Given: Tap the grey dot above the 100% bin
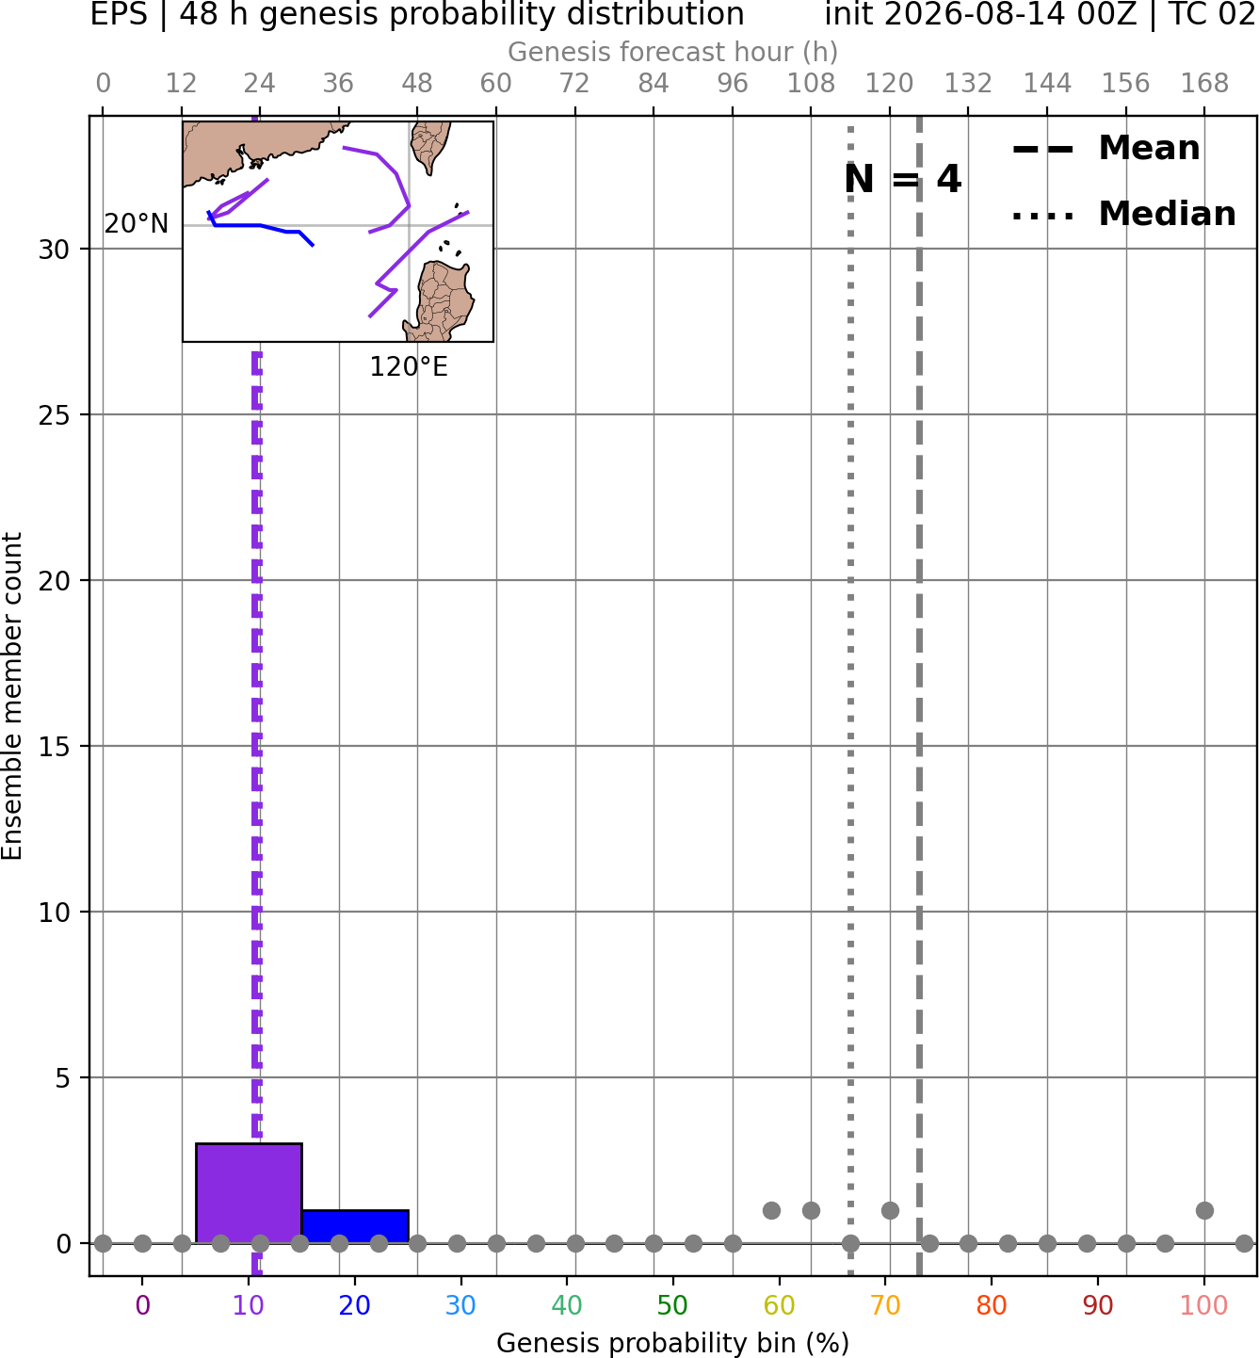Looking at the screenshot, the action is tap(1204, 1210).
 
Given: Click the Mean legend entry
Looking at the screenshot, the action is tap(1106, 149).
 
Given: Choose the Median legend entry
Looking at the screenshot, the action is tap(1123, 214).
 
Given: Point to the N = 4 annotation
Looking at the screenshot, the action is tap(903, 179).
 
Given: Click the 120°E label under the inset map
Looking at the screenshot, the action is tap(409, 367).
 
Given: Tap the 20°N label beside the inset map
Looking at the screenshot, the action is tap(137, 223).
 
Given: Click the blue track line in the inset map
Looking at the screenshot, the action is tap(260, 225).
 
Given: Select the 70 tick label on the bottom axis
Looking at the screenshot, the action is tap(885, 1305).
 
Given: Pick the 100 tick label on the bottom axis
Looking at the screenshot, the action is tap(1203, 1305).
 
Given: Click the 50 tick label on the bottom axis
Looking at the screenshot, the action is tap(672, 1305).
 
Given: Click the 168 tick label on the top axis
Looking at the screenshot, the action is tap(1204, 84).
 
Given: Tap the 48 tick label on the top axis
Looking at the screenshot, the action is tap(416, 84).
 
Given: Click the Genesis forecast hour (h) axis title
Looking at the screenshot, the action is tap(673, 52).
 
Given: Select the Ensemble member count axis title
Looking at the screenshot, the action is tap(11, 696).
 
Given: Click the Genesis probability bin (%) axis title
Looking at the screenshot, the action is tap(673, 1343).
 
